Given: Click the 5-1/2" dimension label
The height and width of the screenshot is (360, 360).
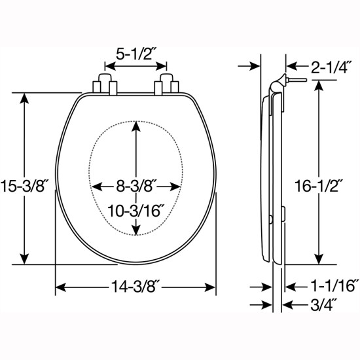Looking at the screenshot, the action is pyautogui.click(x=134, y=54).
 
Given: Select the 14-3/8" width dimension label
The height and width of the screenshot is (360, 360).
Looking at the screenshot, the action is pyautogui.click(x=135, y=287).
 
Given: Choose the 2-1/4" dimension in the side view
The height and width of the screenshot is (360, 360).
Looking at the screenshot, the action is pyautogui.click(x=331, y=67).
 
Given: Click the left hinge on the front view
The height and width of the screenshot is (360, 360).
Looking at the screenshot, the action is pyautogui.click(x=105, y=84).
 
